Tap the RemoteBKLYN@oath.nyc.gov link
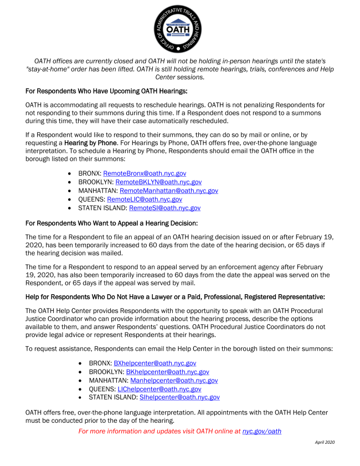coord(158,182)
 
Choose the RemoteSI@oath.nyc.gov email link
coord(164,208)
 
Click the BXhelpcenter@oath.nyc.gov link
coord(155,363)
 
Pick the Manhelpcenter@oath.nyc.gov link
coord(173,381)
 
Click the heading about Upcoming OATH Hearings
coord(107,90)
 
